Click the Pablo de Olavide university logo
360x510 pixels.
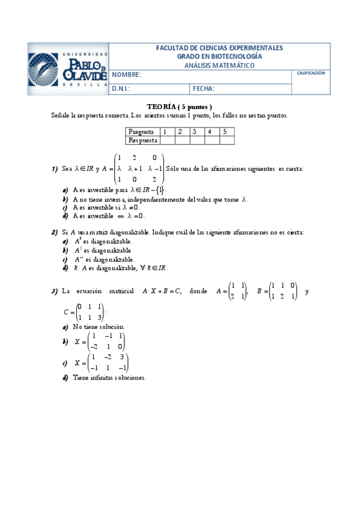[69, 68]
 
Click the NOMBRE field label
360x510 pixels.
[126, 75]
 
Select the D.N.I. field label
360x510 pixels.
[122, 88]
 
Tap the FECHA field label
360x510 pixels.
[204, 88]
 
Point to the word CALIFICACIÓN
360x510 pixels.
[311, 73]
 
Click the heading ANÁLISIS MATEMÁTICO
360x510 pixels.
[219, 65]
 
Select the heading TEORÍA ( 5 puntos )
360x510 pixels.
[180, 106]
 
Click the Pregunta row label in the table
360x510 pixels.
[142, 131]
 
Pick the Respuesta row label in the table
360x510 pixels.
[143, 140]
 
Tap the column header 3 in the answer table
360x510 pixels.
[195, 131]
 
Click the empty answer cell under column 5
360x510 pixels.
[226, 140]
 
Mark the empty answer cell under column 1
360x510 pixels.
[166, 140]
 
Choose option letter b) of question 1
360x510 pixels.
[65, 198]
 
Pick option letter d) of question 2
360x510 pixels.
[65, 268]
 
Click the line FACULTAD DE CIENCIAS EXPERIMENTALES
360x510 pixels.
[219, 48]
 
